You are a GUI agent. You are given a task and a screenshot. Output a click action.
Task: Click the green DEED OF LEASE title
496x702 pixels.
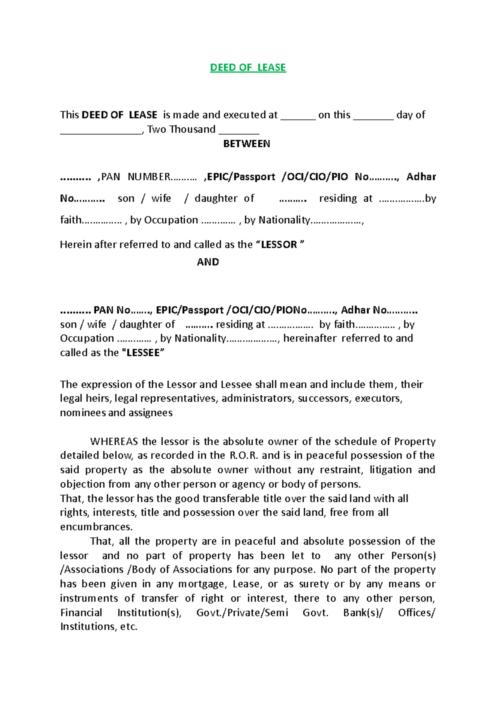click(248, 67)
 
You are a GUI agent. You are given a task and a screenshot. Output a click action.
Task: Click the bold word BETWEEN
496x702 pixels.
click(246, 144)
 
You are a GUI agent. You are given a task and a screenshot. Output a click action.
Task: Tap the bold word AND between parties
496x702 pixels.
click(208, 262)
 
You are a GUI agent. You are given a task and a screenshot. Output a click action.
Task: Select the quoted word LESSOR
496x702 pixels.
click(279, 245)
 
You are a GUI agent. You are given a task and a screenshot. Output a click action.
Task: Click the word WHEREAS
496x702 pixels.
click(114, 442)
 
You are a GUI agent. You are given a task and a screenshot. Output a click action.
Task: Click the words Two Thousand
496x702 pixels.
click(181, 129)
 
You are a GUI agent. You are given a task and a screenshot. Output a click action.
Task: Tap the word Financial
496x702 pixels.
click(81, 613)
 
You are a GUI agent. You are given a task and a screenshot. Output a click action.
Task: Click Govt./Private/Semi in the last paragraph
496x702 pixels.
click(242, 613)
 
